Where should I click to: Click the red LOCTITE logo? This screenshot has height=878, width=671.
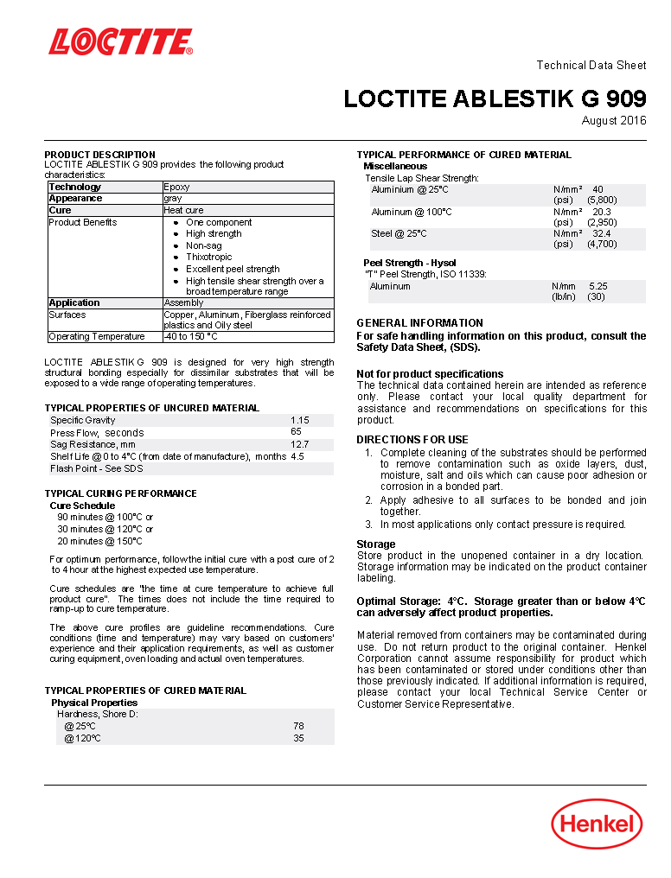pyautogui.click(x=120, y=41)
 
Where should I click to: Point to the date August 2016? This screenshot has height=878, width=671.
pyautogui.click(x=613, y=120)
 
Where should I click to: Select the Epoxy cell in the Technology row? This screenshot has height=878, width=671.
pyautogui.click(x=176, y=187)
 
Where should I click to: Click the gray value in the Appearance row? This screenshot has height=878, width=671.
pyautogui.click(x=173, y=199)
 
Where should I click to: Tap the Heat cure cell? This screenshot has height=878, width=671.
pyautogui.click(x=183, y=211)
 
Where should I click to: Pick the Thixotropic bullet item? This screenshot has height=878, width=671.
pyautogui.click(x=208, y=258)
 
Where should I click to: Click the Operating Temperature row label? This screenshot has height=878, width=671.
pyautogui.click(x=97, y=337)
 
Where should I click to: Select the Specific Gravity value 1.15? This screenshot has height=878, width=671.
pyautogui.click(x=299, y=420)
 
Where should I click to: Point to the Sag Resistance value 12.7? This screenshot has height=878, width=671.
pyautogui.click(x=299, y=444)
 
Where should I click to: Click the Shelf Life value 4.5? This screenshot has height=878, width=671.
pyautogui.click(x=297, y=456)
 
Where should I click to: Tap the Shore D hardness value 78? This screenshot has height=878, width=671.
pyautogui.click(x=298, y=727)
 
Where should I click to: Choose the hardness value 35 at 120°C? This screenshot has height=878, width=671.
pyautogui.click(x=298, y=739)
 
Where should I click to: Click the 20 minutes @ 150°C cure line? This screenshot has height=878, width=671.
pyautogui.click(x=99, y=541)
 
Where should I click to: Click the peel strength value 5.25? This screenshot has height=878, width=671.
pyautogui.click(x=598, y=286)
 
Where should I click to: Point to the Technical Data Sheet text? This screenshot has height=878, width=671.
pyautogui.click(x=591, y=66)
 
